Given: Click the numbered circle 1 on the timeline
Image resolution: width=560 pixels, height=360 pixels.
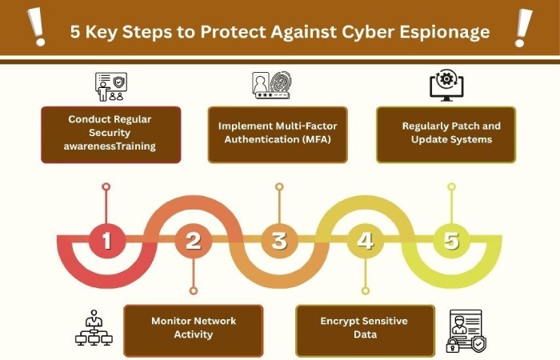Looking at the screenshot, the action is [x=106, y=240].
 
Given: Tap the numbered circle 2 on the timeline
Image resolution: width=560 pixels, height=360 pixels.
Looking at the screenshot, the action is [x=194, y=240].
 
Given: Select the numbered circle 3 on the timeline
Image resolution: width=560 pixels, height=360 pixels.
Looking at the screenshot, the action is [x=279, y=240].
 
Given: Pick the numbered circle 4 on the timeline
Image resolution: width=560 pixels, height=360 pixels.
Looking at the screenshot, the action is [x=365, y=240].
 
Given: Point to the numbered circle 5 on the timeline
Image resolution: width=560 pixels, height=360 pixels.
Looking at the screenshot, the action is [x=451, y=240].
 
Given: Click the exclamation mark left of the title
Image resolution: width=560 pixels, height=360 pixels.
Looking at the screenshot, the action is [x=37, y=27].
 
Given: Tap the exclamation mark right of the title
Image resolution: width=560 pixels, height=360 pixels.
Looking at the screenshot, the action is [x=523, y=28].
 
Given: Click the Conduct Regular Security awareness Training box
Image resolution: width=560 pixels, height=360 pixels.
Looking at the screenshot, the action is [x=110, y=134].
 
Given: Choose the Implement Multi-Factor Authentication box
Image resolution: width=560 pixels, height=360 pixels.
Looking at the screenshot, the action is [x=278, y=134].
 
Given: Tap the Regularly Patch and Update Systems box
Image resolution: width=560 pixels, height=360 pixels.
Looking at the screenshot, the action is [x=446, y=134].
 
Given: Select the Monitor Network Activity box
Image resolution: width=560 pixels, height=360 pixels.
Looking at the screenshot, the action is [x=194, y=330].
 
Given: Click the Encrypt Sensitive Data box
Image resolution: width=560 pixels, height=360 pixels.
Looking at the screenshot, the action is [x=365, y=330].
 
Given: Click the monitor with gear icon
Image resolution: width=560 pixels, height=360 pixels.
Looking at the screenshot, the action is [x=446, y=85].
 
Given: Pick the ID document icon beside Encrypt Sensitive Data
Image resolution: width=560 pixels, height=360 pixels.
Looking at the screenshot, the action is [x=466, y=331].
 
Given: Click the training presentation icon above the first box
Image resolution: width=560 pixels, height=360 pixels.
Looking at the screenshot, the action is [x=110, y=86].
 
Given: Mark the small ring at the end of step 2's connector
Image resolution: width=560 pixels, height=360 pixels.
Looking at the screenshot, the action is [x=194, y=290].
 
